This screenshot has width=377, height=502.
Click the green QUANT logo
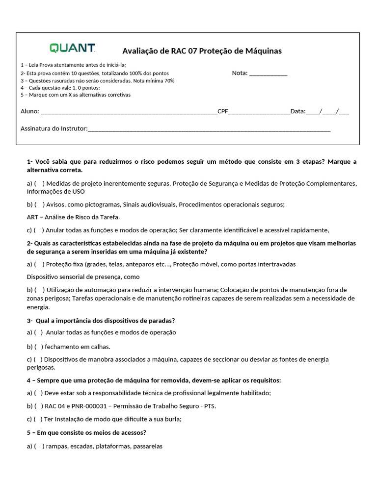72,48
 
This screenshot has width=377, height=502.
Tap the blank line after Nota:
268,74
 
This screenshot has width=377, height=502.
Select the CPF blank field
260,111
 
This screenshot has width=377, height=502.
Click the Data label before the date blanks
297,111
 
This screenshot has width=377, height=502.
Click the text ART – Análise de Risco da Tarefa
73,217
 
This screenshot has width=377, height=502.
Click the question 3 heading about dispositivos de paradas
101,321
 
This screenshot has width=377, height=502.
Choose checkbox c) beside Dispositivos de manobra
38,359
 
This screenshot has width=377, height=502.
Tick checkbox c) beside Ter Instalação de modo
38,419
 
